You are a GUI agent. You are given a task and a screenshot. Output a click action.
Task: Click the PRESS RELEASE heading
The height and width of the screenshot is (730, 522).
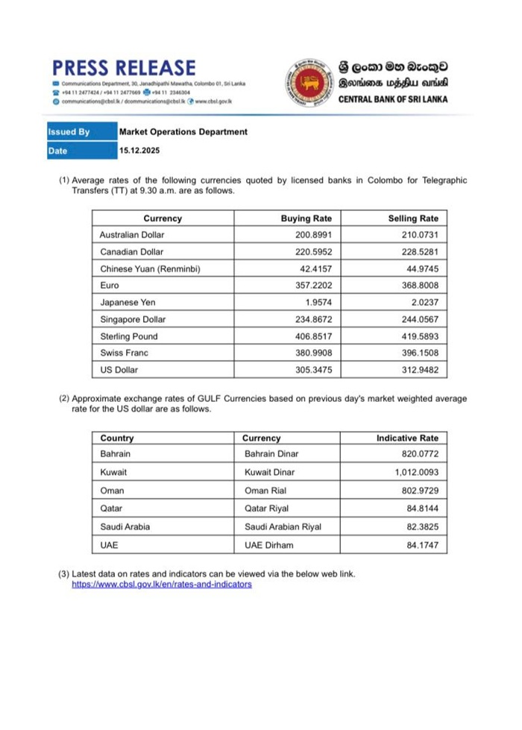pyautogui.click(x=125, y=69)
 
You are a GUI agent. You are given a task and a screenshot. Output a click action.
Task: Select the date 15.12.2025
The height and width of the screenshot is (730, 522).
pyautogui.click(x=139, y=151)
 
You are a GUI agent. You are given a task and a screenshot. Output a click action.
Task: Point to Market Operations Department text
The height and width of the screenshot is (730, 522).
pyautogui.click(x=183, y=132)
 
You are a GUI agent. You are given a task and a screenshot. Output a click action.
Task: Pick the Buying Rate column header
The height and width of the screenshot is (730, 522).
pyautogui.click(x=306, y=218)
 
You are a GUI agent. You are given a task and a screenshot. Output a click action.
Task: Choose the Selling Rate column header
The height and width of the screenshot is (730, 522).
pyautogui.click(x=413, y=218)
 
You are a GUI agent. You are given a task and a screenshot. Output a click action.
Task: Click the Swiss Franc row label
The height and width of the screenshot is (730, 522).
pyautogui.click(x=122, y=353)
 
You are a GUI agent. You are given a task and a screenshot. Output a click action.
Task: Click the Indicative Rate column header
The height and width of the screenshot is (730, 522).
pyautogui.click(x=407, y=438)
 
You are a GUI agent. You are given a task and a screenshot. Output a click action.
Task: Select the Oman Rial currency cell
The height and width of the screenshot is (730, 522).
pyautogui.click(x=267, y=491)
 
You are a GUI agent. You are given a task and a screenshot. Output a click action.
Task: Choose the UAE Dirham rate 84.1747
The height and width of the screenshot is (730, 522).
pyautogui.click(x=419, y=545)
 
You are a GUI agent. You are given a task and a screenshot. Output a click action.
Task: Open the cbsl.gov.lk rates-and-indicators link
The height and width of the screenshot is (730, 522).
pyautogui.click(x=161, y=585)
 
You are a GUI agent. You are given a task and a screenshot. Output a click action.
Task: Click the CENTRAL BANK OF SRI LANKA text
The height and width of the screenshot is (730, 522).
pyautogui.click(x=393, y=99)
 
